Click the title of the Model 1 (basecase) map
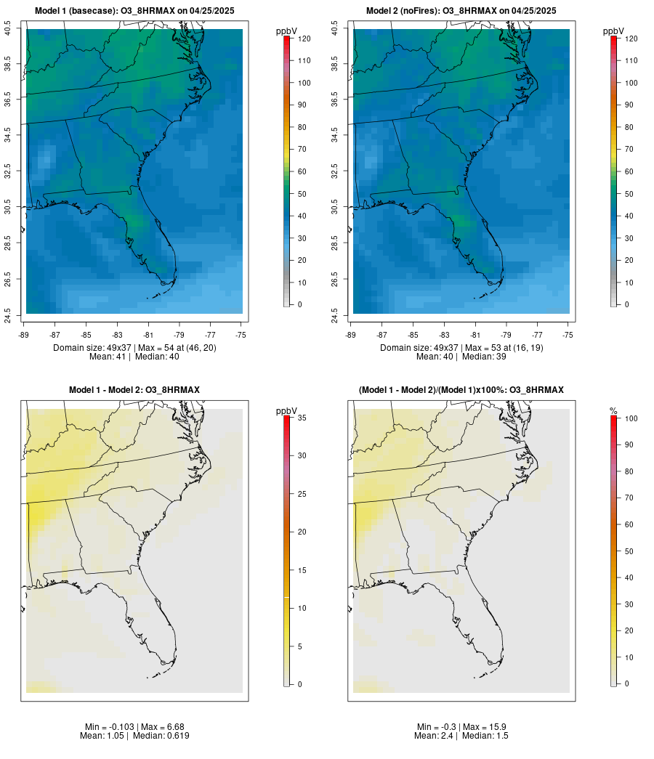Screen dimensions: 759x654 (x=134, y=11)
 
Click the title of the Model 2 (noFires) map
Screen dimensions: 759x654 (x=461, y=11)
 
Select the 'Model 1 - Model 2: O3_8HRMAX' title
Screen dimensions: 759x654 (x=134, y=390)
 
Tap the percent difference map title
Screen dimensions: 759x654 (x=461, y=390)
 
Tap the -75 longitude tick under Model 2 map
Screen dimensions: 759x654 (x=568, y=335)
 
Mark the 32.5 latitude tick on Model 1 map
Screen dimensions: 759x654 (x=8, y=171)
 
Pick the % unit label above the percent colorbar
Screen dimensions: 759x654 (x=614, y=411)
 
